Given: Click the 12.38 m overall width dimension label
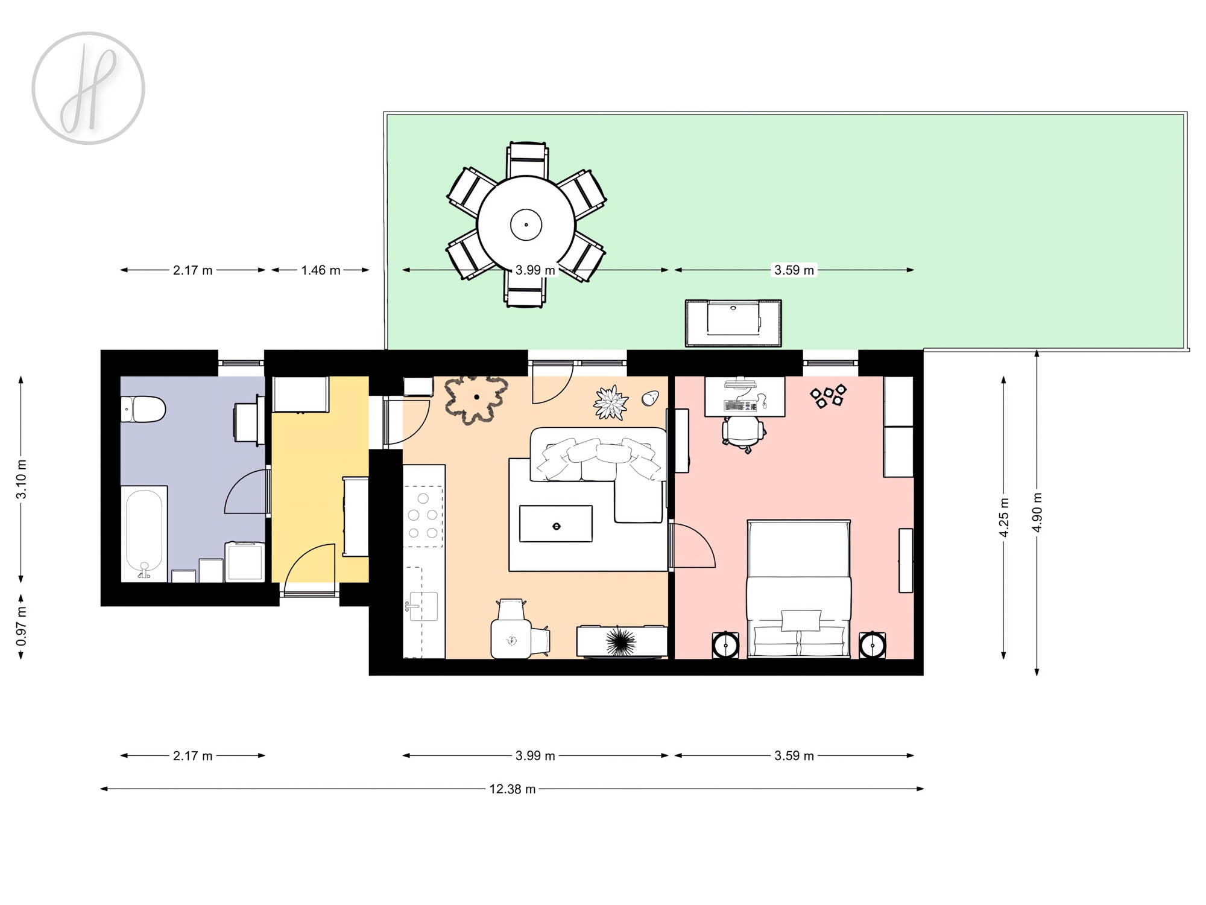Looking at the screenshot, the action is click(x=512, y=789).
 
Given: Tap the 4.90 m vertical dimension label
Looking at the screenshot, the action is click(x=1037, y=512).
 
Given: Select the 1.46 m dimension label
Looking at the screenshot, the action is click(x=321, y=270).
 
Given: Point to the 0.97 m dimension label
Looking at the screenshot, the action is click(x=22, y=626).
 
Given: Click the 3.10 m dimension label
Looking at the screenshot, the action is click(x=22, y=480).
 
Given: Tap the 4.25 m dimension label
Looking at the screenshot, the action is click(x=1004, y=517).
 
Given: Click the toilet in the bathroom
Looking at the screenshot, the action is click(x=143, y=409).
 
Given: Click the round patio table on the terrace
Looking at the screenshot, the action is click(x=526, y=225).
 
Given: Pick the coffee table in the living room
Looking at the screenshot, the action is click(x=556, y=524).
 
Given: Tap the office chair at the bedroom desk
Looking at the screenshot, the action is click(x=743, y=433).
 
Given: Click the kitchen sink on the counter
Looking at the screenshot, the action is click(x=423, y=606).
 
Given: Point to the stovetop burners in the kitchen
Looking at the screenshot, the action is click(x=423, y=516).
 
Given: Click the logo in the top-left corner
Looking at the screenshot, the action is click(x=88, y=88).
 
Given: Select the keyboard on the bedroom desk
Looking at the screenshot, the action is click(x=741, y=406).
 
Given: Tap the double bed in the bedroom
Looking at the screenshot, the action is click(x=799, y=589).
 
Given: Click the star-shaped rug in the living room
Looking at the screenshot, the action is click(x=476, y=398).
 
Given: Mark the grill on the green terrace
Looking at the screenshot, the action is click(x=733, y=323).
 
